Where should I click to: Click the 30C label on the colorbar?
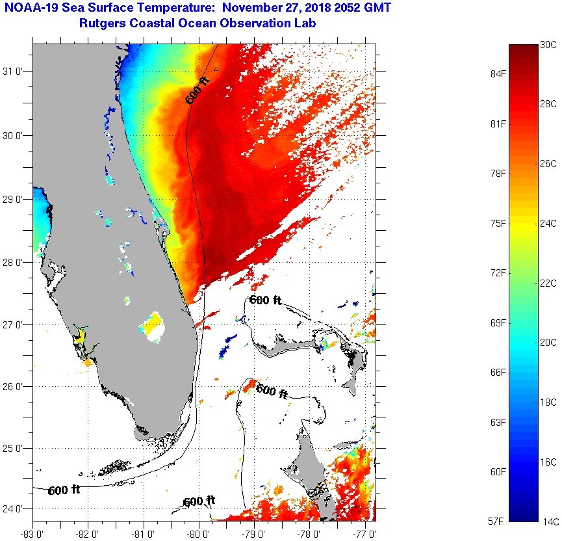[x=549, y=45]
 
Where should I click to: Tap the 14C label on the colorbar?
[x=549, y=521]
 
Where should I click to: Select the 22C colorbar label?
[x=549, y=283]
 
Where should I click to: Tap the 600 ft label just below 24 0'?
[x=199, y=501]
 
